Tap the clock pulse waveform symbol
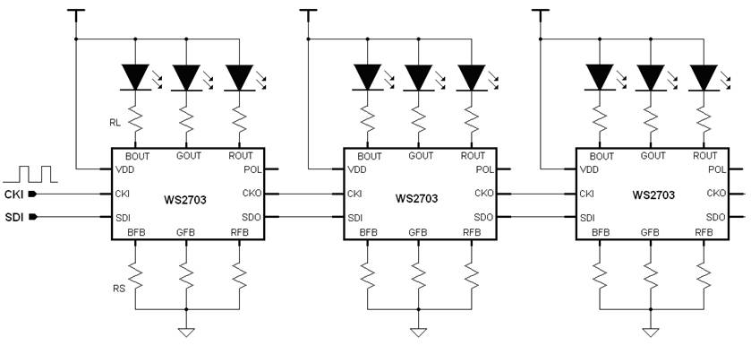[x=29, y=172]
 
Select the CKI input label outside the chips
[x=13, y=194]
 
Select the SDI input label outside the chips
[x=13, y=217]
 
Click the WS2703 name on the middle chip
[x=417, y=199]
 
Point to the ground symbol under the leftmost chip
[x=186, y=331]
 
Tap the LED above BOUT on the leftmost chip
[x=136, y=78]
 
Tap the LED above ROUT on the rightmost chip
[x=704, y=78]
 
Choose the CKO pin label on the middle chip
[x=482, y=193]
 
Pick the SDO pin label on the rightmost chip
[x=715, y=217]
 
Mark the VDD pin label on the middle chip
[x=357, y=169]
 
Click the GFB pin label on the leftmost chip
[x=186, y=232]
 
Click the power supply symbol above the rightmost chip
[x=541, y=13]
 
